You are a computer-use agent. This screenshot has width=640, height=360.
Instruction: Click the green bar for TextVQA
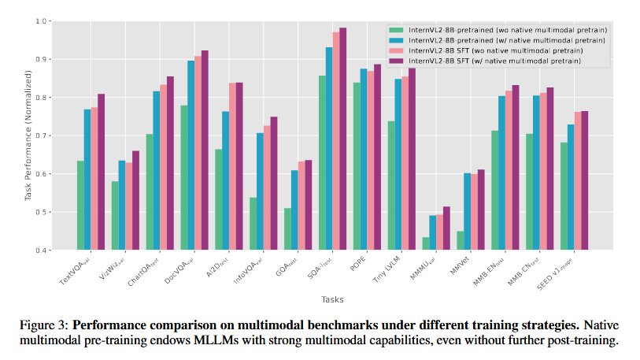click(x=80, y=206)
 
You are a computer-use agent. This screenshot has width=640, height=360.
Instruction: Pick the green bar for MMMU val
click(x=426, y=243)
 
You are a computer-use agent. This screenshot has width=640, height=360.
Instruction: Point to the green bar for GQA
click(x=287, y=229)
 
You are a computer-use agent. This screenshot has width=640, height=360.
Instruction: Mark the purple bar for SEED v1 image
click(x=584, y=180)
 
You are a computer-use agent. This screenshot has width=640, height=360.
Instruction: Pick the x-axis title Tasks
click(x=331, y=299)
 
